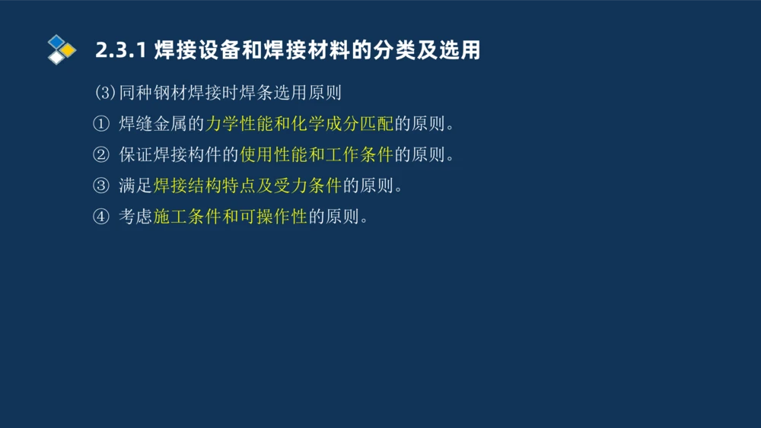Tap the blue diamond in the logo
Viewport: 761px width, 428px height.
(56, 41)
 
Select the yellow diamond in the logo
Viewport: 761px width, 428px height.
(68, 50)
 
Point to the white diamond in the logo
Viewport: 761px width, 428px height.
(56, 57)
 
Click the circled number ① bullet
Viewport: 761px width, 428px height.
(101, 124)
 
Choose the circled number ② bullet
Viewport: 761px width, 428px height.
(101, 155)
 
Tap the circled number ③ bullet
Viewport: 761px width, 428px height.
(101, 185)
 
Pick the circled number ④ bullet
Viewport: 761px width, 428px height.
(101, 217)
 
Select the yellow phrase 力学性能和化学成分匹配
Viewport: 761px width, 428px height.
(299, 124)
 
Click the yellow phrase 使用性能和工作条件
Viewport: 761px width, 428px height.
(317, 155)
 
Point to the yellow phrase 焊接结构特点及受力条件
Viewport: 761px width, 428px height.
(248, 185)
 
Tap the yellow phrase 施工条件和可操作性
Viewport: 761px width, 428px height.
(231, 217)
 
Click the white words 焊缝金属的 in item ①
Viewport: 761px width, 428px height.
(161, 124)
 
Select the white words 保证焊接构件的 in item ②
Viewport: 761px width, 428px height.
(179, 155)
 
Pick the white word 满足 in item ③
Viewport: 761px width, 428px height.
(135, 185)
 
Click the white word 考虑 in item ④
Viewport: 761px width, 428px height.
(135, 217)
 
